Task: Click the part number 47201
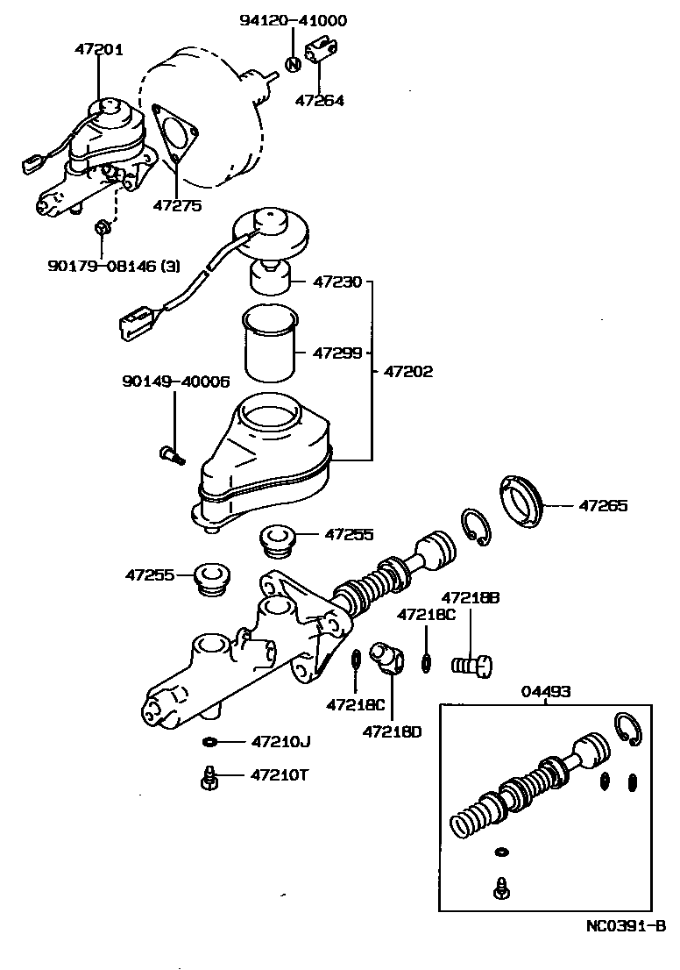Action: tap(98, 50)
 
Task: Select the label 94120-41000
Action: tap(293, 21)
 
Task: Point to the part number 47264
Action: tap(319, 100)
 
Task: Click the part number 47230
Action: tap(333, 282)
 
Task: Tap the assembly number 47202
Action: tap(408, 371)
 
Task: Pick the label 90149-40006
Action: tap(176, 382)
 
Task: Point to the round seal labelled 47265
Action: tap(523, 503)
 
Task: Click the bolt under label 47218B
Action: tap(473, 666)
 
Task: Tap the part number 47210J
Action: tap(280, 742)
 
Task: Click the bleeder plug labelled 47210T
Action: tap(209, 776)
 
